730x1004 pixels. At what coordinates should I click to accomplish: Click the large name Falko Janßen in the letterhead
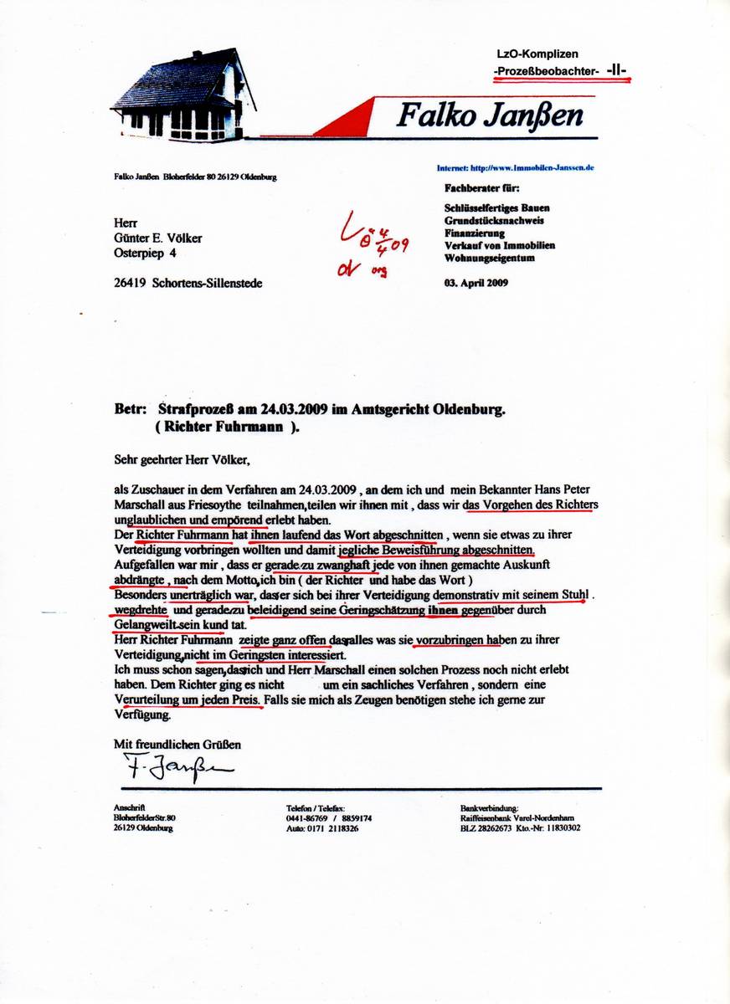[x=489, y=115]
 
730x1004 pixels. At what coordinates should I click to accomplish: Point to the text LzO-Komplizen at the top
[x=537, y=54]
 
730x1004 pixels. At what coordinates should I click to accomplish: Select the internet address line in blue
[x=515, y=167]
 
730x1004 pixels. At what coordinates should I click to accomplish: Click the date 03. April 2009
[x=476, y=283]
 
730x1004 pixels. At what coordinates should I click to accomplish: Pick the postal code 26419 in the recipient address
[x=129, y=284]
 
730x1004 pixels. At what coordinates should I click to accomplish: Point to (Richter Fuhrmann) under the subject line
[x=227, y=426]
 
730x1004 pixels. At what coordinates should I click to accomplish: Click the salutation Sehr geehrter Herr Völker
[x=182, y=458]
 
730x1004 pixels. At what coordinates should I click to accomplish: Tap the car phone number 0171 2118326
[x=330, y=828]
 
